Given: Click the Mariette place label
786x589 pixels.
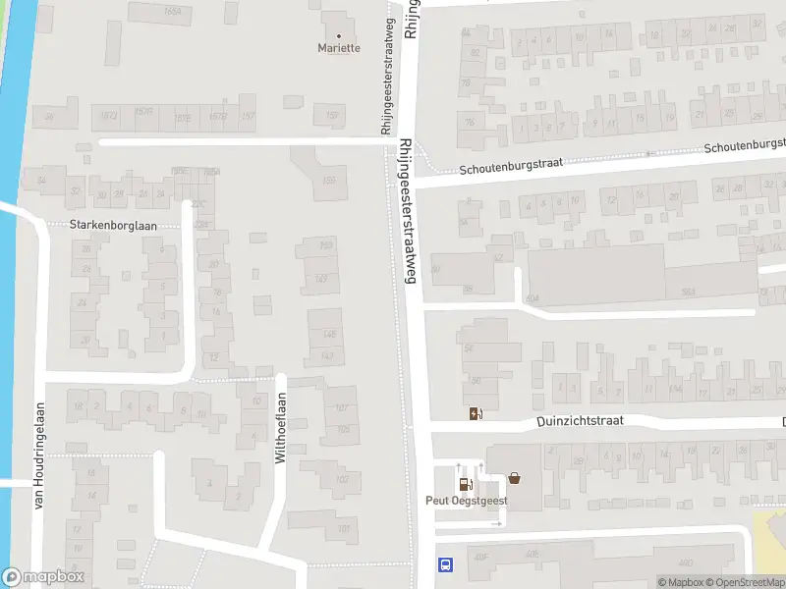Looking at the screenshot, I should tap(339, 47).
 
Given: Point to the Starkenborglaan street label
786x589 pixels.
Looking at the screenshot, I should tap(112, 225).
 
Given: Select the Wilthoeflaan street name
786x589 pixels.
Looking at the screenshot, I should tap(280, 429).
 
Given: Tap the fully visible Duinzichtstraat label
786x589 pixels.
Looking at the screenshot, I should tap(581, 421).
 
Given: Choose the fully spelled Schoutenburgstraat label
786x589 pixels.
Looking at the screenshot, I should tap(511, 166).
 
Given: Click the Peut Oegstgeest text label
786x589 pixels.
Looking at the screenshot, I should tap(466, 500).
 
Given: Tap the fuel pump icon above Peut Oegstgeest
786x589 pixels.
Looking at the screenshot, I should tap(463, 483).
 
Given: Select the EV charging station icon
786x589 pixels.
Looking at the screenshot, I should tap(476, 413).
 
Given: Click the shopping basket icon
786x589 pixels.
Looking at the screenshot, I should tap(514, 480).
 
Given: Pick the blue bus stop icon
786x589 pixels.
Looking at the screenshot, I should tap(445, 564).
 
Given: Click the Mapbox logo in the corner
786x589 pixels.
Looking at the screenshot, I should tap(42, 577).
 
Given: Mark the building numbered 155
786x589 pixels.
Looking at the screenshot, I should tap(329, 180).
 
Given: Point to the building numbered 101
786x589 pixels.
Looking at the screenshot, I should tap(343, 529).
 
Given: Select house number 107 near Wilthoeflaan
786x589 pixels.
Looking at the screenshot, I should tap(342, 407).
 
